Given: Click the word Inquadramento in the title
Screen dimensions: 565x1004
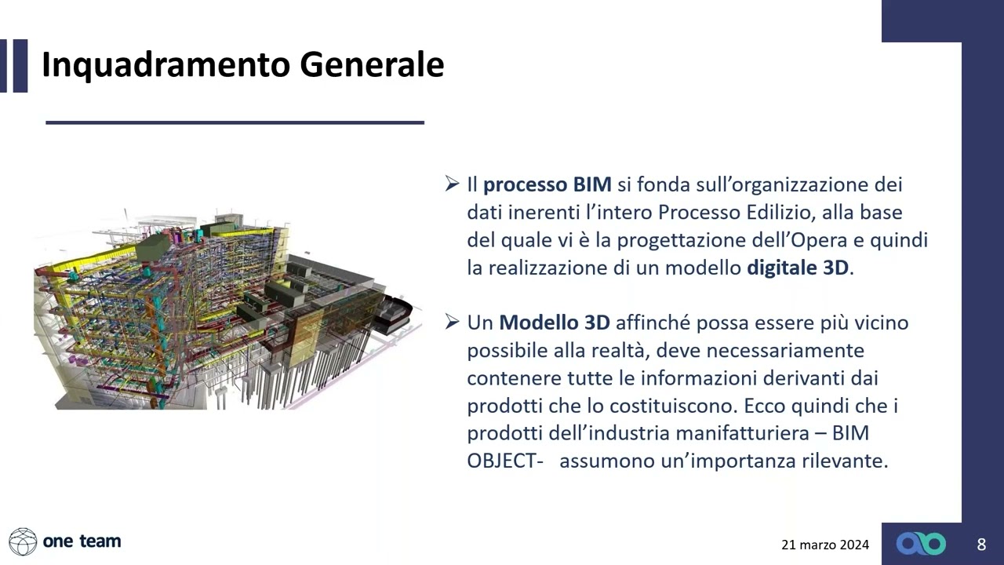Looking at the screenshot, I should point(165,64).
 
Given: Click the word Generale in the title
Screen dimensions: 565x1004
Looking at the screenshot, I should point(372,64).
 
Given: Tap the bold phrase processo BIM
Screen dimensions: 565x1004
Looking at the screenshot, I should point(547,185).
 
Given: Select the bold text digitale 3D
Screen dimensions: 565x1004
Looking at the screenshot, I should point(798,268).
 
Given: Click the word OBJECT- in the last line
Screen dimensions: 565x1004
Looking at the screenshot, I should point(505,461).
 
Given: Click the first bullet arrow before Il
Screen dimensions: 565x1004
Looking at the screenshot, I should point(452,184).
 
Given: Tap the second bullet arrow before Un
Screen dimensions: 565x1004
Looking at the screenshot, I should point(452,322).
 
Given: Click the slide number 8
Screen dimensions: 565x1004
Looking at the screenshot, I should point(981,544).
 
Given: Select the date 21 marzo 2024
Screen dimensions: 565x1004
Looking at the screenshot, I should point(825,545).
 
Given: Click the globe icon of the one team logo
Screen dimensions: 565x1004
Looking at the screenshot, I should point(23,541).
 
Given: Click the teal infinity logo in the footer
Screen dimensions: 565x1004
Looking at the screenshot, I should point(921,544).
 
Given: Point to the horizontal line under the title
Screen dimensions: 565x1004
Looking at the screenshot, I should point(235,122).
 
